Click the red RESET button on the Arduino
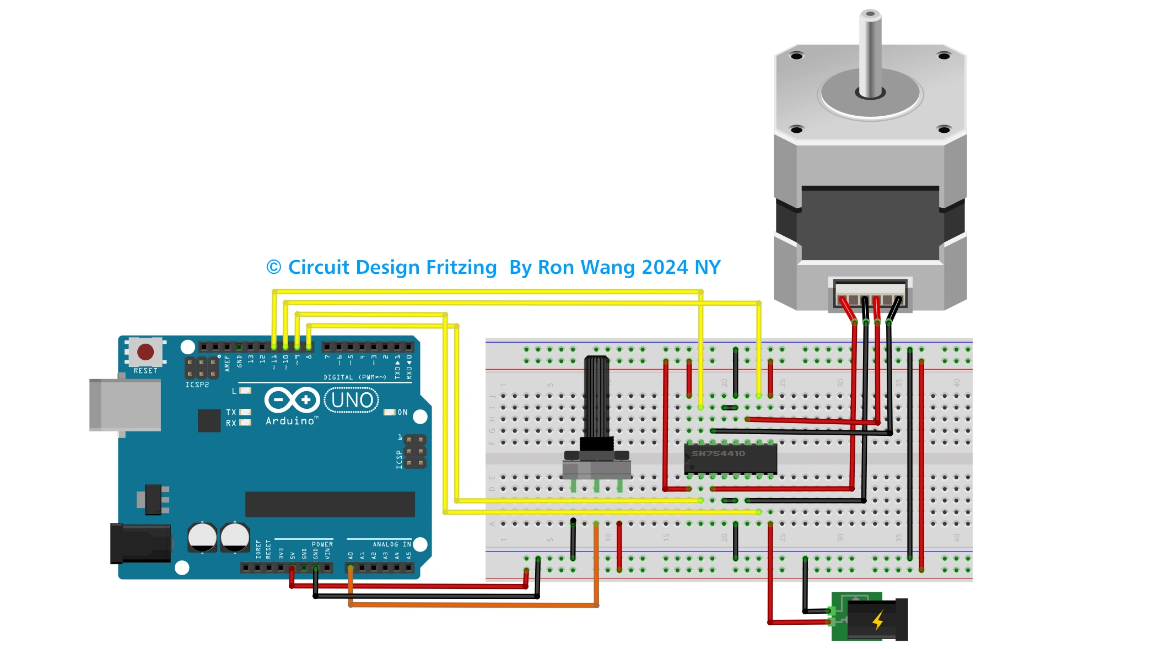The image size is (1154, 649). tap(145, 351)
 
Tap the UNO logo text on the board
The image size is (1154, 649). tap(352, 400)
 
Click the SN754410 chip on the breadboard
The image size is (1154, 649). tap(730, 458)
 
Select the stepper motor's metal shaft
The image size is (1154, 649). tap(870, 55)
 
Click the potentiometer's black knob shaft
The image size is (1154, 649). tap(596, 397)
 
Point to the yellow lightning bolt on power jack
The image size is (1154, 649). tap(878, 620)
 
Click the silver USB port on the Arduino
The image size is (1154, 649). tap(125, 405)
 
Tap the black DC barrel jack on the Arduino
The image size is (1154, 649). tap(141, 544)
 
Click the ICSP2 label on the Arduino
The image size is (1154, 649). tap(197, 385)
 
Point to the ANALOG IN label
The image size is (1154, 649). tap(392, 544)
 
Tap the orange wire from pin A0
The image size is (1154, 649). tap(474, 605)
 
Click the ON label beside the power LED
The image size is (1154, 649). tap(403, 412)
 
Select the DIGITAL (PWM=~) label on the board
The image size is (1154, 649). tap(354, 377)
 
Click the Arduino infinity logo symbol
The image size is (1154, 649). tap(292, 400)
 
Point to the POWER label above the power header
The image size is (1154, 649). tap(322, 544)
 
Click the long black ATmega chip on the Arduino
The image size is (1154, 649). tap(330, 504)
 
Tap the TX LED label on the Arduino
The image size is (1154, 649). tap(231, 412)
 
